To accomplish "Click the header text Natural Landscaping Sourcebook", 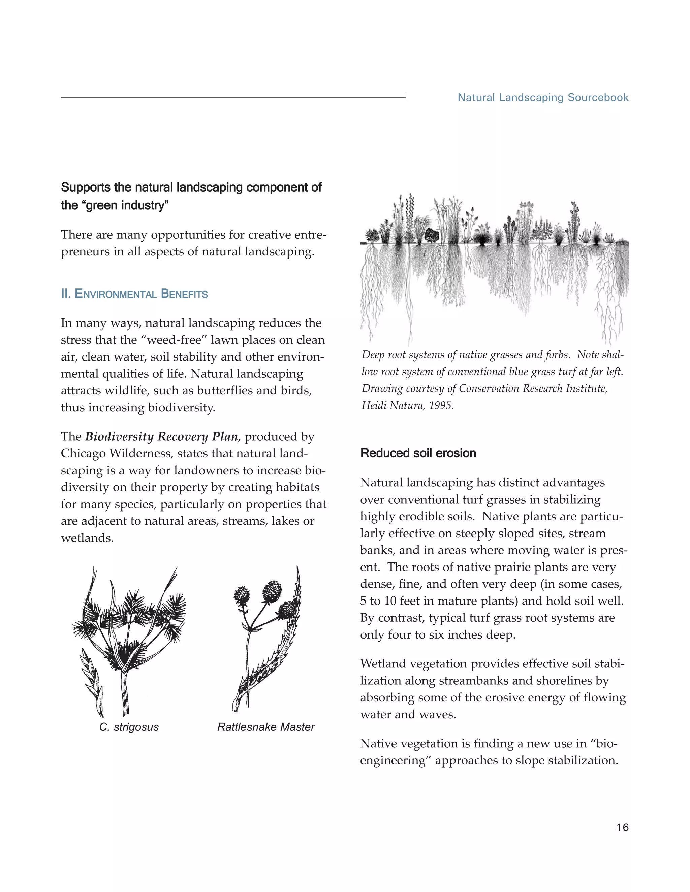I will [x=543, y=98].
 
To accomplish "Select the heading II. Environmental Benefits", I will [x=134, y=294].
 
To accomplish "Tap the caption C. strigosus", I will [x=129, y=727].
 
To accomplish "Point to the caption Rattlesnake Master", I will [x=266, y=727].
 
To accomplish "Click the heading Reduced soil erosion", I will [x=418, y=453].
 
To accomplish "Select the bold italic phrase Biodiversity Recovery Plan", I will [x=161, y=437].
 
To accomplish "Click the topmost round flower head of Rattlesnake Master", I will [x=272, y=590].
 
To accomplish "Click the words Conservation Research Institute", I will [x=533, y=388].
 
